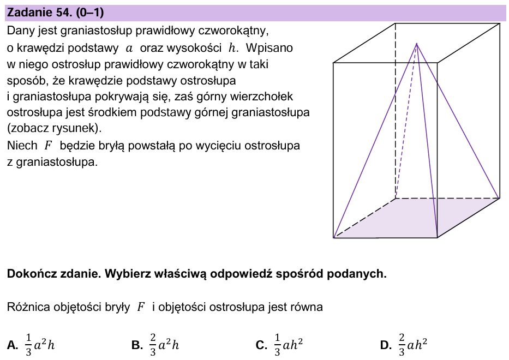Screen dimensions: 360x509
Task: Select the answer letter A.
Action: coord(12,345)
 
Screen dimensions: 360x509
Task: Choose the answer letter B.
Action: coord(136,345)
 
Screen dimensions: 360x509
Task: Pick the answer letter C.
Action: coord(261,345)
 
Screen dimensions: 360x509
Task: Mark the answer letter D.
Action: coord(385,345)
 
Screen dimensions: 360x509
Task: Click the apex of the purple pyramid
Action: coord(417,44)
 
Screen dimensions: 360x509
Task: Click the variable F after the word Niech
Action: coord(48,146)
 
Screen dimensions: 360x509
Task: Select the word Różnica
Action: coord(28,307)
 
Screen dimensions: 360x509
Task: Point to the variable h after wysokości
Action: coord(233,48)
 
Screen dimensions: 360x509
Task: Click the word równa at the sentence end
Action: coord(307,307)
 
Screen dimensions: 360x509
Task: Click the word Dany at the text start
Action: coord(20,32)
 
